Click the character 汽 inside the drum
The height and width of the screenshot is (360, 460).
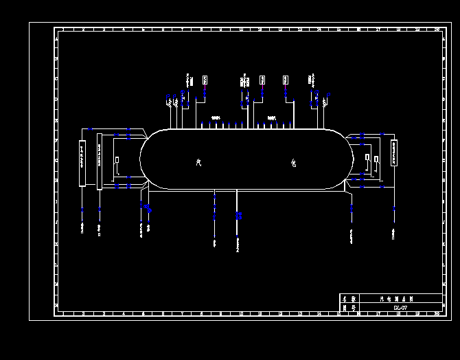pos(198,163)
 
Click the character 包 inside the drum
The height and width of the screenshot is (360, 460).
pos(293,163)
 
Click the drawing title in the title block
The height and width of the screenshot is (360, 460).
pos(393,299)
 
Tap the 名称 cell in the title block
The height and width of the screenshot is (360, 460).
pos(349,299)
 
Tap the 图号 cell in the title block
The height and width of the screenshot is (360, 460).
pos(349,308)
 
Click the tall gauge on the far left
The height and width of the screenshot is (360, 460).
pos(82,163)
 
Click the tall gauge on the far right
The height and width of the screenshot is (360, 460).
pos(393,153)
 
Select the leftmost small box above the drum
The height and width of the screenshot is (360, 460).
pos(205,80)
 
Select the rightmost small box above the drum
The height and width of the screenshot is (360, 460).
pos(286,80)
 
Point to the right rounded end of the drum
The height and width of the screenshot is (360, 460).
pos(351,159)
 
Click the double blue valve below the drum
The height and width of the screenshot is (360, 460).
pos(238,216)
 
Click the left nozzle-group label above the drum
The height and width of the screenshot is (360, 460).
pos(216,118)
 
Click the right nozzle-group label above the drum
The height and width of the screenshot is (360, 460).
pos(272,118)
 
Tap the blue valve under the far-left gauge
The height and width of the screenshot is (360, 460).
pos(82,210)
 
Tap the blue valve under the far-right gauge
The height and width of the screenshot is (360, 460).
pos(393,209)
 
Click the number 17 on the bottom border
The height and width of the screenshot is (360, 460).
pos(378,313)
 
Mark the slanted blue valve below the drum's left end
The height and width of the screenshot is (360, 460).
pos(146,205)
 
